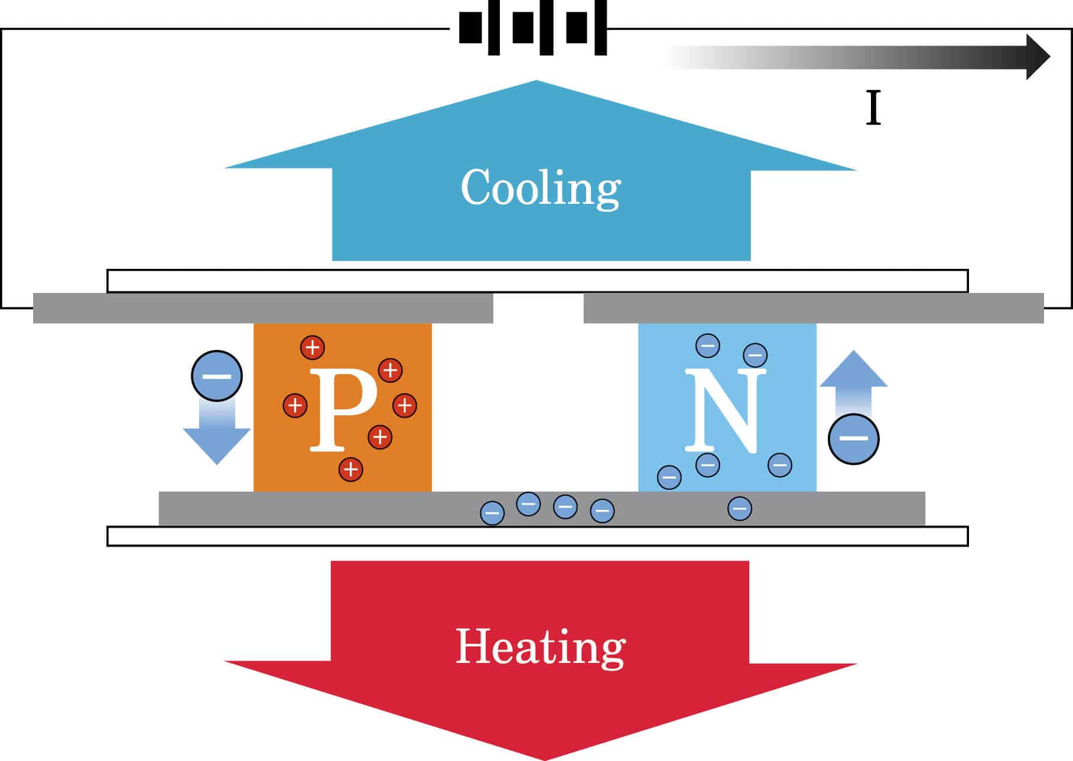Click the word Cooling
point(541,188)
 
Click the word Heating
point(541,647)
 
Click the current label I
point(873,108)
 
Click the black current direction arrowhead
point(1037,57)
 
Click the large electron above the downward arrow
point(217,376)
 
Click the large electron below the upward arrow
point(853,438)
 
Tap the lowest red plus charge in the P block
point(351,470)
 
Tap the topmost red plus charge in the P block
point(313,347)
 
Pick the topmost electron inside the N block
point(708,345)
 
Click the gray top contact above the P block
point(263,308)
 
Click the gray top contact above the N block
point(814,308)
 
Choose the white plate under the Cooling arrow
point(537,281)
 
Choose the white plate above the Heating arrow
point(537,536)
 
